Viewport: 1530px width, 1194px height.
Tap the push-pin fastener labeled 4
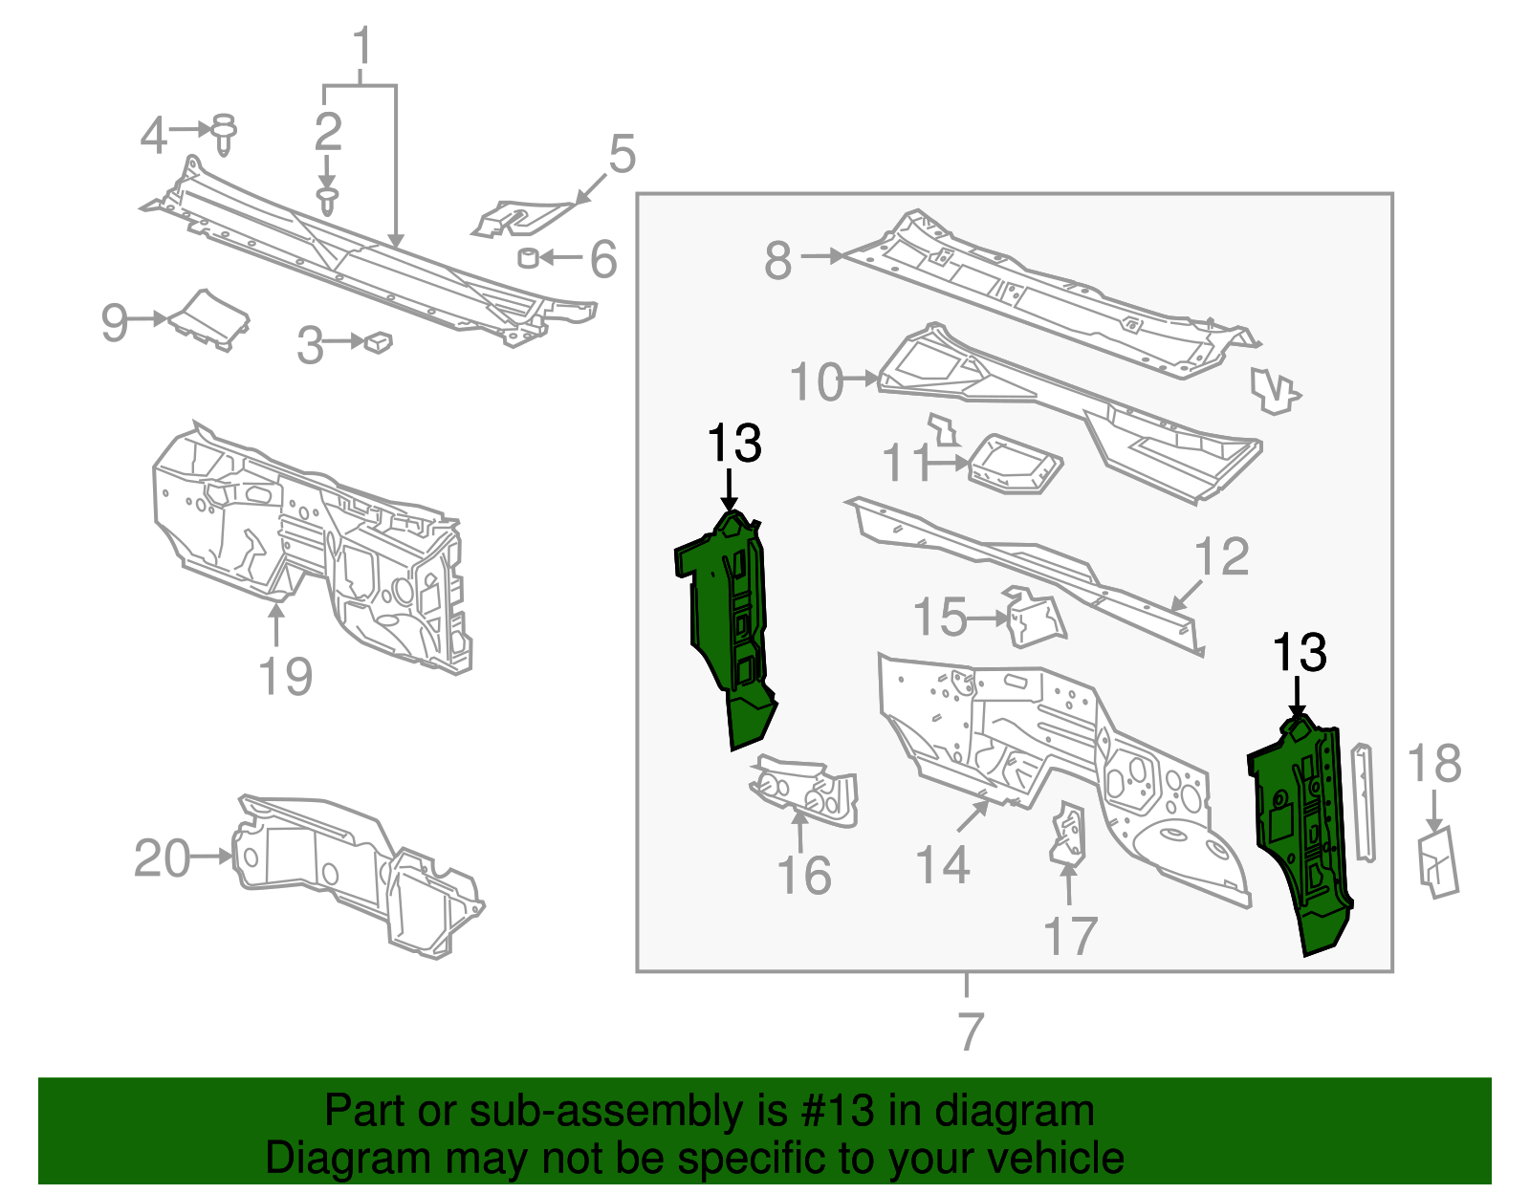click(224, 134)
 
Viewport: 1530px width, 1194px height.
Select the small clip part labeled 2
click(328, 201)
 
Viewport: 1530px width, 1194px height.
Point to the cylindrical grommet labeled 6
click(527, 257)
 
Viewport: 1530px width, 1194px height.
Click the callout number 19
click(285, 676)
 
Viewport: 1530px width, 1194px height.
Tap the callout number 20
click(162, 858)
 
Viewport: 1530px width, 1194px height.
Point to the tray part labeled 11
click(1014, 466)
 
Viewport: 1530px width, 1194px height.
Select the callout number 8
click(777, 260)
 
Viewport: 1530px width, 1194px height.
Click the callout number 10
click(816, 382)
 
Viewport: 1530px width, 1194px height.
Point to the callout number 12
click(1221, 557)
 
